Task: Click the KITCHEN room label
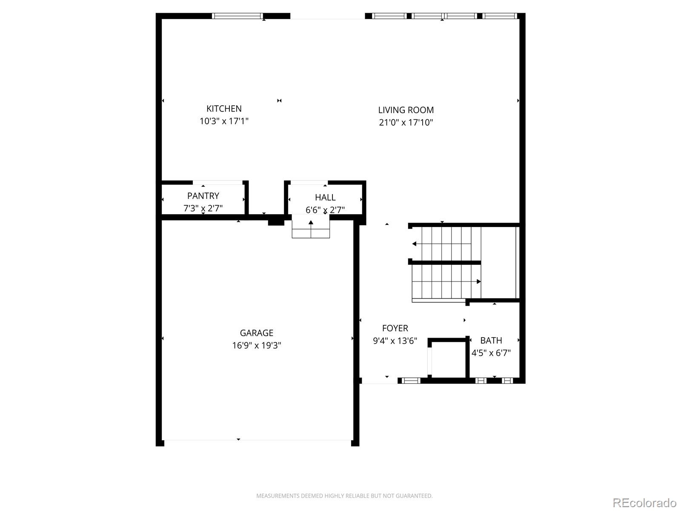click(x=224, y=109)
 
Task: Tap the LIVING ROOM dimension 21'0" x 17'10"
click(x=406, y=123)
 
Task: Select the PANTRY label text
click(x=203, y=196)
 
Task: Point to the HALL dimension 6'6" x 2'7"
click(x=325, y=210)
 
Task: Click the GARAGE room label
click(x=256, y=333)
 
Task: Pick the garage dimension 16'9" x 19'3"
click(x=256, y=345)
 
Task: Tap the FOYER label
click(x=395, y=328)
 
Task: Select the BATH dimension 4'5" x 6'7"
click(x=491, y=353)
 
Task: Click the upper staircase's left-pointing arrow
click(x=415, y=244)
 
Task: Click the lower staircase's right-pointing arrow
click(x=478, y=281)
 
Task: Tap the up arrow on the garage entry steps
click(x=311, y=222)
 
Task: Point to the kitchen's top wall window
click(x=237, y=16)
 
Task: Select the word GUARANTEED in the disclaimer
click(x=416, y=496)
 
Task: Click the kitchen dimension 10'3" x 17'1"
click(x=224, y=121)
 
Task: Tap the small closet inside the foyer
click(x=448, y=359)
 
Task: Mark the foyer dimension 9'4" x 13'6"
click(x=395, y=341)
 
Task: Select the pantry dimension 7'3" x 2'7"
click(x=203, y=208)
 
